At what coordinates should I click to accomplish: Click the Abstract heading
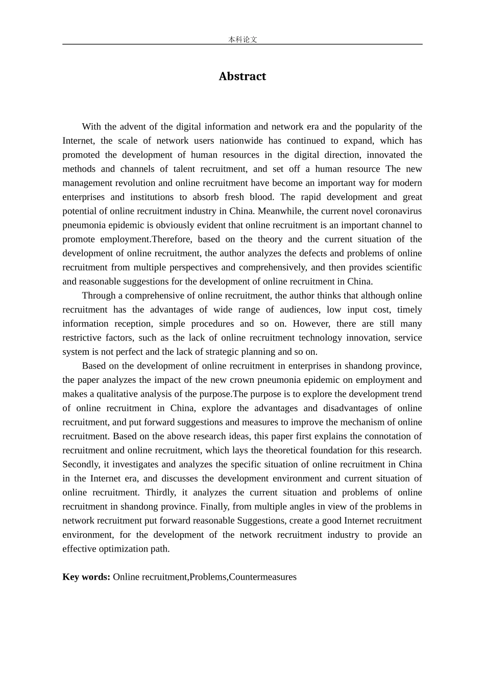(242, 76)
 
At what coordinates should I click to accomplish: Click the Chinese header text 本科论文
(243, 39)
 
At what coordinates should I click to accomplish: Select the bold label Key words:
(86, 577)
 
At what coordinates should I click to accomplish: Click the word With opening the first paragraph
(91, 126)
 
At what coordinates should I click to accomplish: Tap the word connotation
(383, 436)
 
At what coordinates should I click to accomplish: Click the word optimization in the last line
(119, 548)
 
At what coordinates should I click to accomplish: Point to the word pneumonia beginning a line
(84, 225)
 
